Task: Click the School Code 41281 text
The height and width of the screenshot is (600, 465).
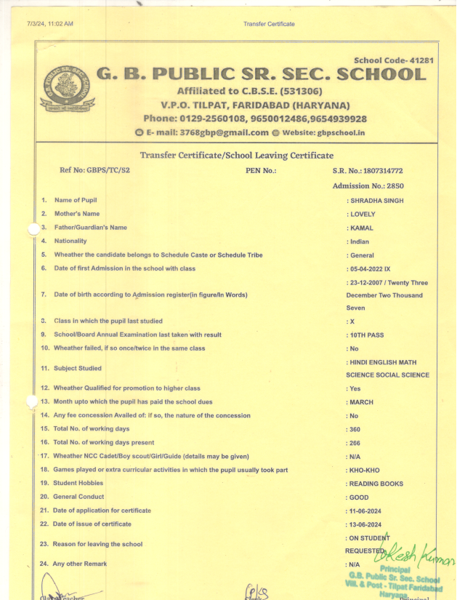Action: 393,60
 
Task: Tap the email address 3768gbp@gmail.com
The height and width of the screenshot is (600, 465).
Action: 211,132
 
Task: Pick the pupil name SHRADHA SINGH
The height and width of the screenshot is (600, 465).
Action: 376,200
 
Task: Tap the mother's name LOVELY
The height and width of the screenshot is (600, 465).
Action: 362,214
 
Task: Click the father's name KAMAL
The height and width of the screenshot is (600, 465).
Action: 361,228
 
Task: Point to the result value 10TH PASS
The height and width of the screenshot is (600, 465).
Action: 366,335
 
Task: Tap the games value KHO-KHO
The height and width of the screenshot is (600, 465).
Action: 365,470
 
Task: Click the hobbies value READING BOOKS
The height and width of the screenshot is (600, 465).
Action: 376,484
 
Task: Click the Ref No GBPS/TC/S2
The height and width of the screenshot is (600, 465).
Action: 94,170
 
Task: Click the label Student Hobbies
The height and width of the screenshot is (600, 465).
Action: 78,483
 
